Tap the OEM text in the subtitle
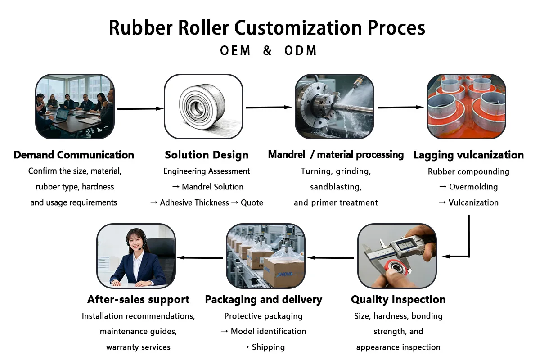coord(235,50)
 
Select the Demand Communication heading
coord(74,155)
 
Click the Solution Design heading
coord(207,155)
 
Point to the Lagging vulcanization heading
coord(468,155)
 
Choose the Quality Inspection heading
coord(398,299)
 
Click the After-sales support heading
coord(139,299)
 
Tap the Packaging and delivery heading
coord(264,299)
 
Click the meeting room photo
coord(75,107)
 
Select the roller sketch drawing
coord(203,107)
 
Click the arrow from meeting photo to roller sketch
coord(139,108)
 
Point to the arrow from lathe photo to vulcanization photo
coord(400,108)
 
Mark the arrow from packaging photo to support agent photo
coord(201,258)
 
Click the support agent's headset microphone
coord(141,249)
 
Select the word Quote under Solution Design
coord(252,202)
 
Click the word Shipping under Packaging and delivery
coord(268,347)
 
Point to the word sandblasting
coord(336,187)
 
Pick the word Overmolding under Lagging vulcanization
coord(473,187)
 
